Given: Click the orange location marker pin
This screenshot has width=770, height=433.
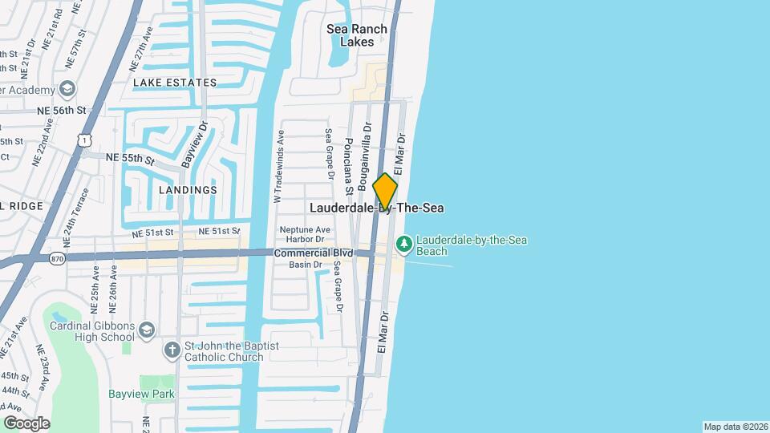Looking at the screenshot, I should pyautogui.click(x=385, y=191).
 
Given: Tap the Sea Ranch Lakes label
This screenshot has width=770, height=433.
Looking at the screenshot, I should pyautogui.click(x=357, y=35).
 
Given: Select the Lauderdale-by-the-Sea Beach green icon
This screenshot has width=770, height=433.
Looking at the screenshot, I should pyautogui.click(x=404, y=242).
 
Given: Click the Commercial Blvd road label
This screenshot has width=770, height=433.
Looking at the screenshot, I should pyautogui.click(x=313, y=252).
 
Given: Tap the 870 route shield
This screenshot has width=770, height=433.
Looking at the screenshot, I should pyautogui.click(x=56, y=258).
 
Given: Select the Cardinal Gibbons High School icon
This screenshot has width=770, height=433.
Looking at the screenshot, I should pyautogui.click(x=146, y=330).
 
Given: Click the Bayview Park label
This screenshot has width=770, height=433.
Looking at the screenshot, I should pyautogui.click(x=142, y=394).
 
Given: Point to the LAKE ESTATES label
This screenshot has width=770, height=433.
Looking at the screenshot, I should pyautogui.click(x=175, y=83).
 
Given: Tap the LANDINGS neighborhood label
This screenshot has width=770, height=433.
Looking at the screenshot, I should pyautogui.click(x=188, y=190).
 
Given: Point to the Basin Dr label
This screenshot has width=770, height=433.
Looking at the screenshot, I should pyautogui.click(x=306, y=265).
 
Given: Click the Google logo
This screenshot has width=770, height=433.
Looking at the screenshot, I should pyautogui.click(x=26, y=423).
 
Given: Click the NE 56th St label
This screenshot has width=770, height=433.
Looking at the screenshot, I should pyautogui.click(x=64, y=110).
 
